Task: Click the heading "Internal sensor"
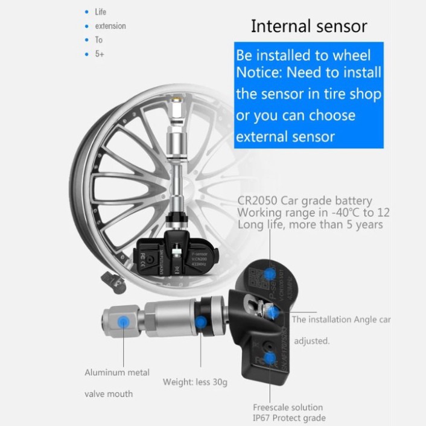pos(309,26)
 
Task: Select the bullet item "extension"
pos(110,26)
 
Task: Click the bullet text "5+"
pos(100,54)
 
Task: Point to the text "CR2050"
pos(258,201)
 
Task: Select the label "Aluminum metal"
pos(117,372)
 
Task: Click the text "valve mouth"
pos(109,394)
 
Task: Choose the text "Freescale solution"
pos(288,407)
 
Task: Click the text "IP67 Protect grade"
pos(289,418)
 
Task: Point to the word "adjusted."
pos(312,341)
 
